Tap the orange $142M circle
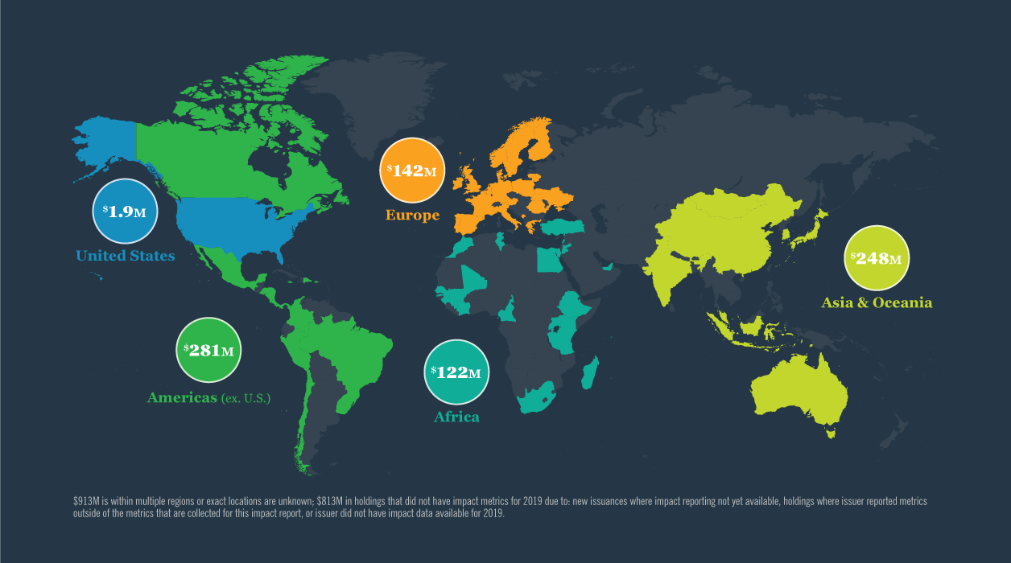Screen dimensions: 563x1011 412,170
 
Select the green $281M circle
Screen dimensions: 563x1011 208,350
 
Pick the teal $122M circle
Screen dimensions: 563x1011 456,372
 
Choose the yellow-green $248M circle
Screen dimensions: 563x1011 877,258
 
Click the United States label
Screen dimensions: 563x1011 125,256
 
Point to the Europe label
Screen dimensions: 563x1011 412,215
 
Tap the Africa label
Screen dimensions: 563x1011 456,417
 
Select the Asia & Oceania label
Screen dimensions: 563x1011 877,303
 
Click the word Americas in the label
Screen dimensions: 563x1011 182,397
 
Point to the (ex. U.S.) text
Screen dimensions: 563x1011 246,398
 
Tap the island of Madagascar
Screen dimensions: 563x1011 590,374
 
